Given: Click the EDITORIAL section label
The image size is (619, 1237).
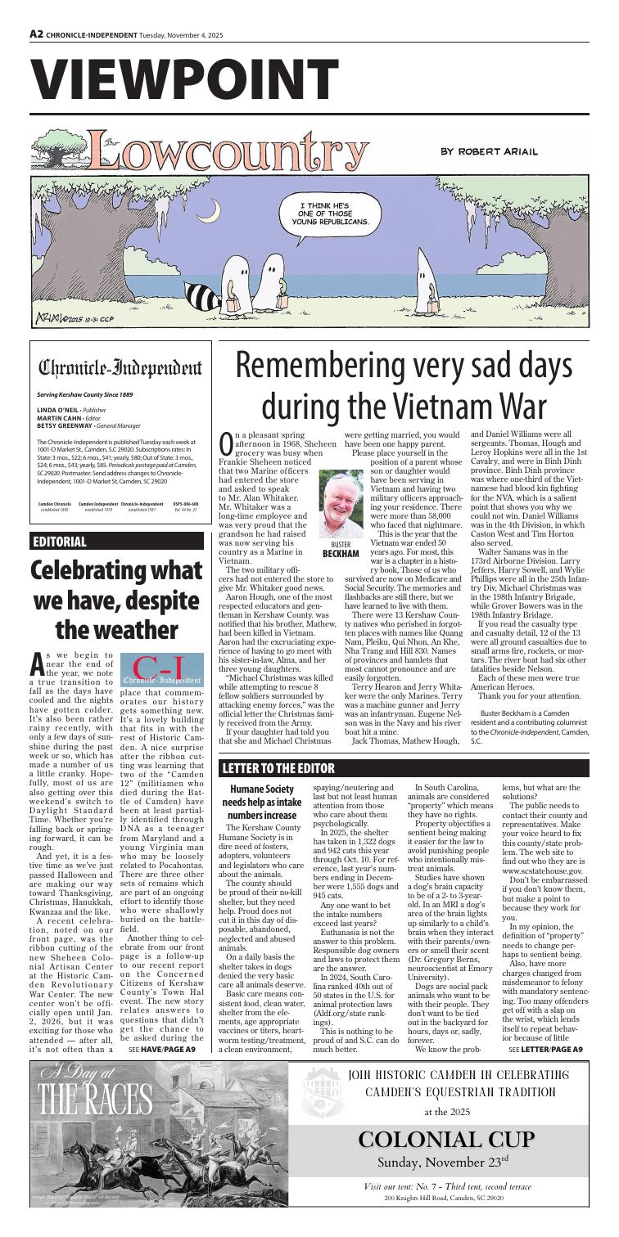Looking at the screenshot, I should [58, 564].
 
